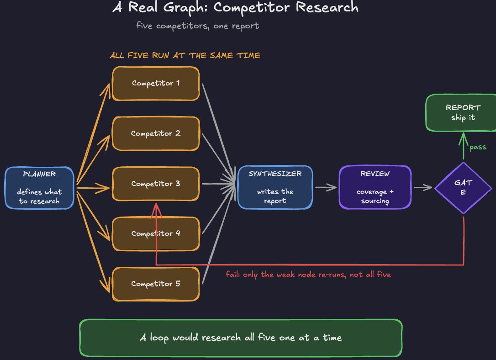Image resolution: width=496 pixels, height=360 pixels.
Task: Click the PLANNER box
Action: coord(40,188)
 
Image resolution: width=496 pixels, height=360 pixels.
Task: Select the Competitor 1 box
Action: coord(156,84)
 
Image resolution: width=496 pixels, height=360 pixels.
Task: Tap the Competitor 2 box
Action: coord(156,133)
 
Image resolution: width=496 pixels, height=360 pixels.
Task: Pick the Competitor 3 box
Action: coord(156,184)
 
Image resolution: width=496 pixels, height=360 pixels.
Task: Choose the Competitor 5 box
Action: coord(156,284)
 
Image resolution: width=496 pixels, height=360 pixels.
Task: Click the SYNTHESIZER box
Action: coord(275,187)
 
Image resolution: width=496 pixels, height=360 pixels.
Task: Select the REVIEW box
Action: coord(375,187)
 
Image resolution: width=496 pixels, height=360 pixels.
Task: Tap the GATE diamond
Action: coord(463,188)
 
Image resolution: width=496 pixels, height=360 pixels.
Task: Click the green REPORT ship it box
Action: coord(462,113)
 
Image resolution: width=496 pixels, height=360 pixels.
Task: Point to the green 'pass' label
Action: coord(478,147)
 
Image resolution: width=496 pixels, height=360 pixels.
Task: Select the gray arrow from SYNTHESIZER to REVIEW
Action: coord(326,188)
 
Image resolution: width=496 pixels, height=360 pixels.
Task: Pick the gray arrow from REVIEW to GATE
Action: coord(423,188)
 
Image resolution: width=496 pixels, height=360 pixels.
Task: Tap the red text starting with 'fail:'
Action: coord(308,274)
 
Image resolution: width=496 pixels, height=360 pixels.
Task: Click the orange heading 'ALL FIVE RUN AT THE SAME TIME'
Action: coord(185,55)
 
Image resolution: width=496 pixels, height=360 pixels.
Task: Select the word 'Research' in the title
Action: coord(327,7)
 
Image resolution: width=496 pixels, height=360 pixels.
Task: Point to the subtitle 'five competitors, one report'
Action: coord(197,26)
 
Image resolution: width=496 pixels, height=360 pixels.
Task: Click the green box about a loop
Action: coord(241,338)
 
